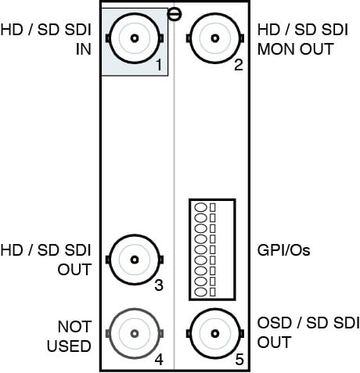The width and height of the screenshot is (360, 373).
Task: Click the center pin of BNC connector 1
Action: point(135,38)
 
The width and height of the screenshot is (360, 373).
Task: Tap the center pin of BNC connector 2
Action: point(215,38)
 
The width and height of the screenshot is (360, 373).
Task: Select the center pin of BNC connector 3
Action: point(135,260)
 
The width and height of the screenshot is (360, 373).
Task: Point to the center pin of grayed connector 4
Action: point(135,333)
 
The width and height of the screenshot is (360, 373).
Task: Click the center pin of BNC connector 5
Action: point(215,333)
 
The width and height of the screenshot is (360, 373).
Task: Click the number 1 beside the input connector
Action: point(159,65)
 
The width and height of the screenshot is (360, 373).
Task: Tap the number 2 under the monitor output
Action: point(239,65)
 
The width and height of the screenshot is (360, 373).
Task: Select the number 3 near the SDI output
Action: point(159,285)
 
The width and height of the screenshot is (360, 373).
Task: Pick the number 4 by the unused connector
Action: point(159,360)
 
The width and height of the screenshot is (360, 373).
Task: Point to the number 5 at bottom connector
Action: point(239,360)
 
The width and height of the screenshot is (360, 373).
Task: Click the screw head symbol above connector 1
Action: point(174,14)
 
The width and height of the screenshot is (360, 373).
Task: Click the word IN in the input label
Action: point(84,49)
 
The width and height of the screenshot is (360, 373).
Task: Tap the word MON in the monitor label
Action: point(277,49)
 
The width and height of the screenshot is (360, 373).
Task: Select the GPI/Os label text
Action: point(284,250)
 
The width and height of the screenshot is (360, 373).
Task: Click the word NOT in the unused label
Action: point(74,327)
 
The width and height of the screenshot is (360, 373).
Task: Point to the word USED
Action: point(69,346)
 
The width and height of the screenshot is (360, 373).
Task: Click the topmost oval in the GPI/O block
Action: point(201,207)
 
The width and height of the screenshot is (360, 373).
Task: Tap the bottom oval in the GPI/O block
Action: point(201,292)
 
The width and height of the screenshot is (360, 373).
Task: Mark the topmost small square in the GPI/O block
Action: point(213,207)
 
